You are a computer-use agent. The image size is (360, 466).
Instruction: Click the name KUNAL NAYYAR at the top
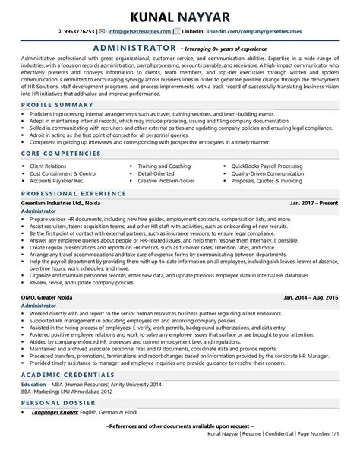pyautogui.click(x=179, y=14)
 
